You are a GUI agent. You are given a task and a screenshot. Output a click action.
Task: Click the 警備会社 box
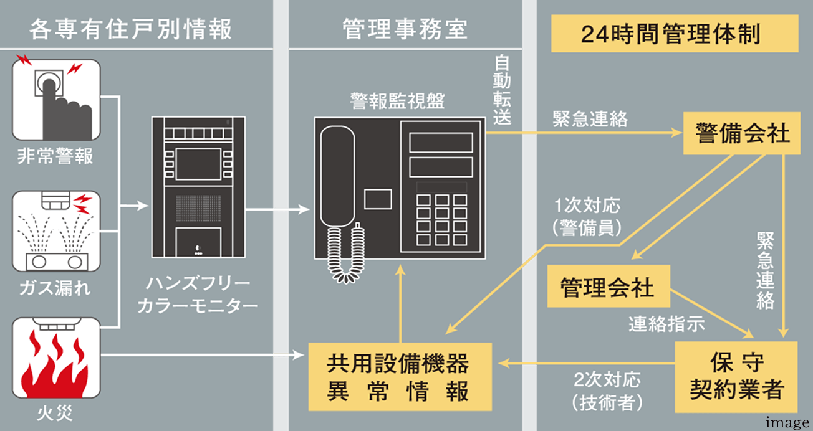(x=742, y=134)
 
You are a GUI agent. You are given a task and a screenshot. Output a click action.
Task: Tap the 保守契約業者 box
(x=736, y=377)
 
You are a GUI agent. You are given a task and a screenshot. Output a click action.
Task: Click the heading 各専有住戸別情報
(x=130, y=30)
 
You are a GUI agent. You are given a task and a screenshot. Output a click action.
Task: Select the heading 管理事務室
(x=405, y=30)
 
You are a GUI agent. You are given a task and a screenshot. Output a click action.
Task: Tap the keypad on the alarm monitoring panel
(x=442, y=221)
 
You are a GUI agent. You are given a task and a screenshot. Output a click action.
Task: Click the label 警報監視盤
(x=397, y=102)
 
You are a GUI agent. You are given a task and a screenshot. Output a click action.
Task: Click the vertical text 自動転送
(x=503, y=90)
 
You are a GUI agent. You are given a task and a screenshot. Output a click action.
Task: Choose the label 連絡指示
(x=666, y=324)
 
